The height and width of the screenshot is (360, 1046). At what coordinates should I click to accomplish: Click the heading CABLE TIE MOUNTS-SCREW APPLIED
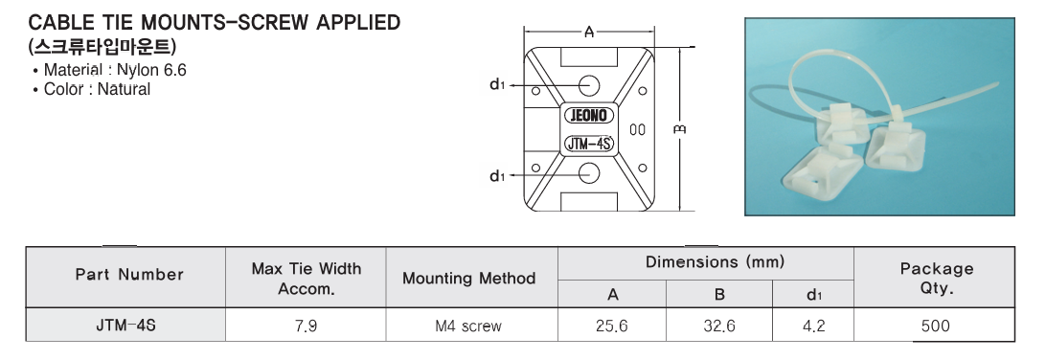click(215, 23)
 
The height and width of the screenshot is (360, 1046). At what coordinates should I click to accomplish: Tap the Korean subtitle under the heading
click(102, 47)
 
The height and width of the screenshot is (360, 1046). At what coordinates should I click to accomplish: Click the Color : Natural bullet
click(92, 89)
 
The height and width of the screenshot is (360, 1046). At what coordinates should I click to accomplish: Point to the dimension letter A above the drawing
click(589, 32)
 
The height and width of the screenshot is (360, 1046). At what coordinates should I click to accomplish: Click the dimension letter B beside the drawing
click(680, 129)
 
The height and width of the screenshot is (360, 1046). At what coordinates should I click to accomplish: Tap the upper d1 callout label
click(498, 84)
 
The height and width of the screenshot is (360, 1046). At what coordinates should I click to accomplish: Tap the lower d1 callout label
click(498, 176)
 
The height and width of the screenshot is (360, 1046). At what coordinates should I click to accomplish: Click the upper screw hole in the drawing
click(588, 85)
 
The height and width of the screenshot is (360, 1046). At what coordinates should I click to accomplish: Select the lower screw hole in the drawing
click(588, 173)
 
